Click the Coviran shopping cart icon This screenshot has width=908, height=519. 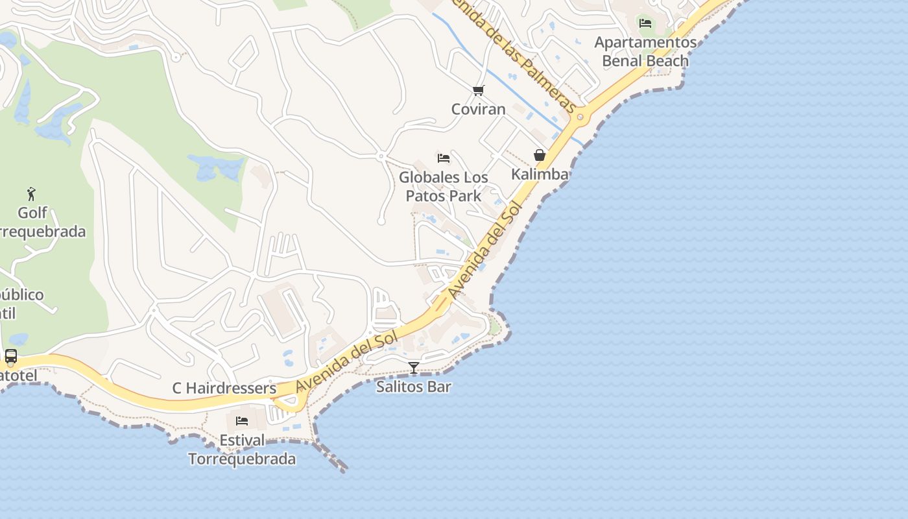pyautogui.click(x=478, y=90)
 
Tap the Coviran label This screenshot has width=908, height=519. pyautogui.click(x=478, y=109)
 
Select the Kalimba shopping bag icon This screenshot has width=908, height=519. pyautogui.click(x=539, y=155)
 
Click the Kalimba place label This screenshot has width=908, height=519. pyautogui.click(x=539, y=174)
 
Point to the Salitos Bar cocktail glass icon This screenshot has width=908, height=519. pyautogui.click(x=413, y=368)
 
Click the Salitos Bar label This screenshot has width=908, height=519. pyautogui.click(x=413, y=387)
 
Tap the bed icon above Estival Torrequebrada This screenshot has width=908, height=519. pyautogui.click(x=242, y=421)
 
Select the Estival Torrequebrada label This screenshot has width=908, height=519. pyautogui.click(x=242, y=450)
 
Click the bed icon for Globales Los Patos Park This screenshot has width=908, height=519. pyautogui.click(x=444, y=158)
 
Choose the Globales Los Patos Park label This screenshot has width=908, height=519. pyautogui.click(x=444, y=186)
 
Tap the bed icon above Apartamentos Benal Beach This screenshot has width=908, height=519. pyautogui.click(x=645, y=23)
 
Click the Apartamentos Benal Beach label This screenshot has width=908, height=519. pyautogui.click(x=645, y=51)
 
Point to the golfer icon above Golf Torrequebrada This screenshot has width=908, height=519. pyautogui.click(x=31, y=193)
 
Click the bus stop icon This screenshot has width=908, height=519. pyautogui.click(x=11, y=356)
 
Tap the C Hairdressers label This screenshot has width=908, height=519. pyautogui.click(x=224, y=388)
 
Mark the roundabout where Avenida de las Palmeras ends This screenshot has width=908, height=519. pyautogui.click(x=580, y=117)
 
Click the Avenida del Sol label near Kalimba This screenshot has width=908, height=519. pyautogui.click(x=485, y=250)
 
